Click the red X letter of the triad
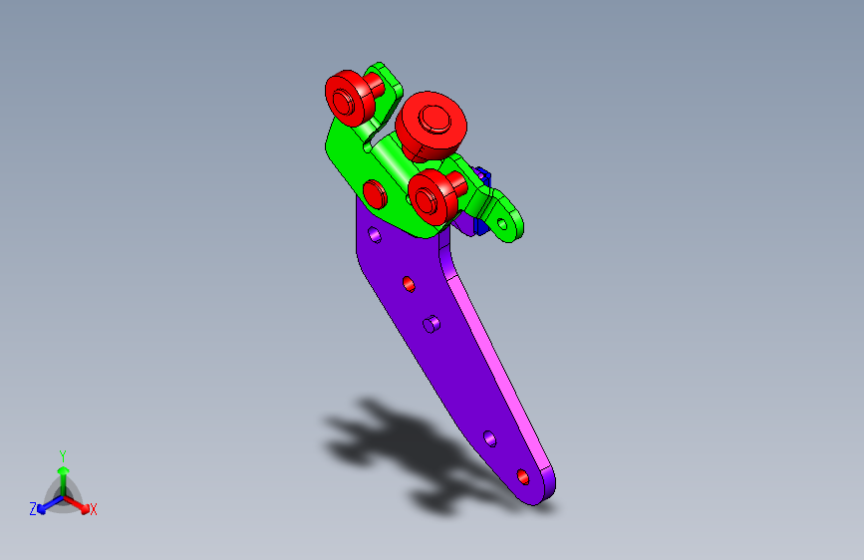pyautogui.click(x=94, y=510)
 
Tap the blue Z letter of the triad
pyautogui.click(x=33, y=509)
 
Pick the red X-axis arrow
pyautogui.click(x=80, y=503)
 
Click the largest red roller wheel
pyautogui.click(x=432, y=122)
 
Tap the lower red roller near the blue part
pyautogui.click(x=433, y=196)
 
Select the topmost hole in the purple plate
pyautogui.click(x=375, y=236)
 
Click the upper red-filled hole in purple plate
pyautogui.click(x=409, y=285)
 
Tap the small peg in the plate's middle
pyautogui.click(x=432, y=324)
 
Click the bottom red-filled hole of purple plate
pyautogui.click(x=522, y=476)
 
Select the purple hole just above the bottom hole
pyautogui.click(x=489, y=437)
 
